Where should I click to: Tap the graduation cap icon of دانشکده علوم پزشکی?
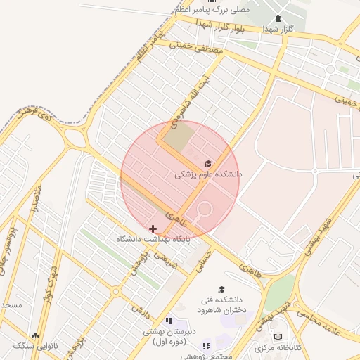(x=207, y=162)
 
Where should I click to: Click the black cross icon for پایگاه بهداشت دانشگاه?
(x=153, y=229)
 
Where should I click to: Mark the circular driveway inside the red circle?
(x=205, y=210)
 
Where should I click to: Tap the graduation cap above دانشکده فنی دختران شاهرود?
(x=222, y=289)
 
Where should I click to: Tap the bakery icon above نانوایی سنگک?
(x=35, y=336)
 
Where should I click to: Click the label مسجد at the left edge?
(x=11, y=305)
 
